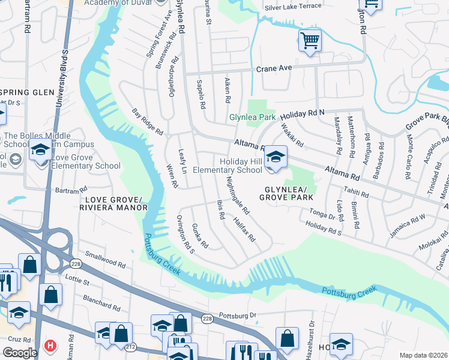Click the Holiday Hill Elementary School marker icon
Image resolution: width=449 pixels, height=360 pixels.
click(276, 157)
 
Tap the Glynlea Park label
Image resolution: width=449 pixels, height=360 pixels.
click(252, 118)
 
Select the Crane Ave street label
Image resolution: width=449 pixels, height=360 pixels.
click(274, 68)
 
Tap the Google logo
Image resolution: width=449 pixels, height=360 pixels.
click(19, 353)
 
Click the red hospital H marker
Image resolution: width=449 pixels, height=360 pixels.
click(51, 346)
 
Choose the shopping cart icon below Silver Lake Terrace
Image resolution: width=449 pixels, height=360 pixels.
click(310, 41)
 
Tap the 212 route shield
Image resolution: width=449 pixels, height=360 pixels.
click(131, 346)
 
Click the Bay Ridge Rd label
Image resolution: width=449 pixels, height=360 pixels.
click(148, 122)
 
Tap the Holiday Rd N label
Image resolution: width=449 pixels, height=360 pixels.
click(303, 113)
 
